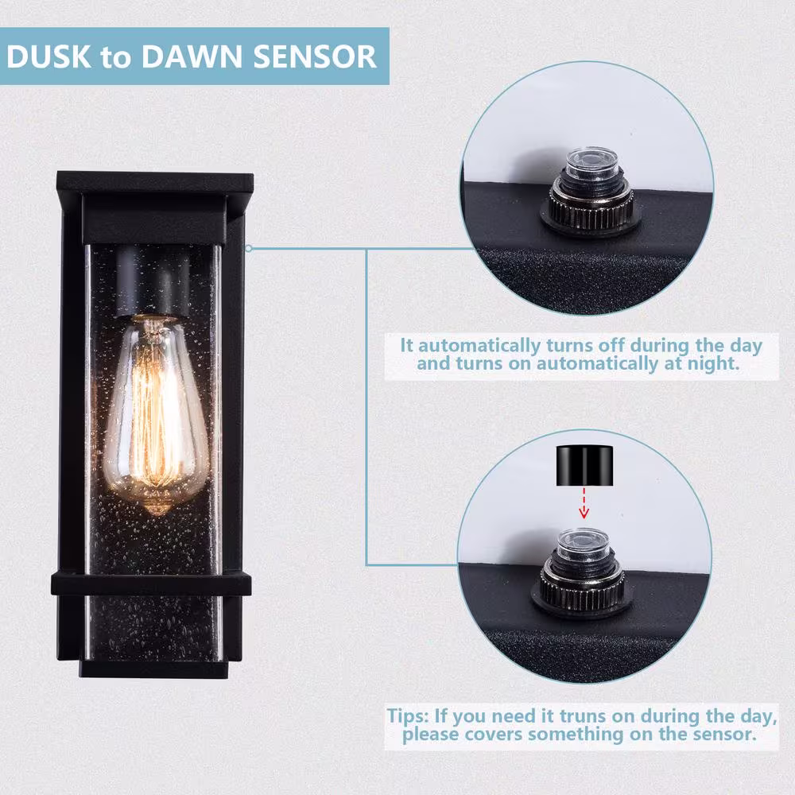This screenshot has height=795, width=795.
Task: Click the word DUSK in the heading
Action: click(49, 56)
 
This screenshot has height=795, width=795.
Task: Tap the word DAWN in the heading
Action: click(192, 56)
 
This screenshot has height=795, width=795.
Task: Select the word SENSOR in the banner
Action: click(315, 56)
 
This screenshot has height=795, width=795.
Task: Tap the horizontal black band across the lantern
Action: click(151, 584)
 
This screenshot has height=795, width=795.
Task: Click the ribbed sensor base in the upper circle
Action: click(591, 207)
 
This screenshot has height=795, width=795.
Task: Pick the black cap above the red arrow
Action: click(584, 466)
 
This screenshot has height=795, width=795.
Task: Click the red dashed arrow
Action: click(584, 503)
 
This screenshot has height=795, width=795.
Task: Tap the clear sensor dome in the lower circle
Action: click(583, 544)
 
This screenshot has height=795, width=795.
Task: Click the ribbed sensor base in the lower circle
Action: click(582, 588)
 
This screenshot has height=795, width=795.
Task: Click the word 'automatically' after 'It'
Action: click(479, 346)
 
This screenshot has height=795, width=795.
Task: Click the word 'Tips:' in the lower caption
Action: click(408, 716)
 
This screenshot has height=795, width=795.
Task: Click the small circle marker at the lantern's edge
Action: click(248, 248)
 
